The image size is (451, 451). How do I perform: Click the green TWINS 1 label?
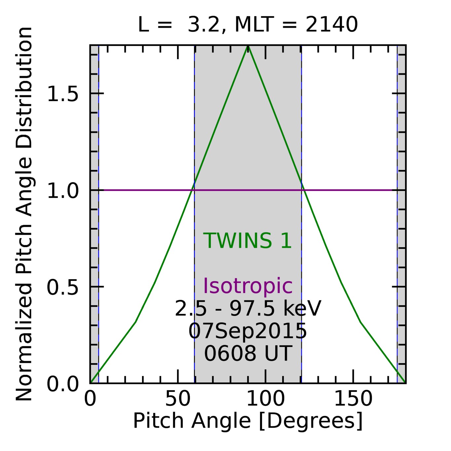[247, 241]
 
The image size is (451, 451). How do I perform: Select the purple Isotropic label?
[247, 286]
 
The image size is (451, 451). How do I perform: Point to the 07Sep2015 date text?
[247, 331]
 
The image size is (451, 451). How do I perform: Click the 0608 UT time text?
[248, 353]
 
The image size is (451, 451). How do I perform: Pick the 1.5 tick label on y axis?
[63, 94]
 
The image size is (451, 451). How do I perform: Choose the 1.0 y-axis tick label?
[63, 191]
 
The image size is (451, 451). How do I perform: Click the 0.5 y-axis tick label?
[63, 287]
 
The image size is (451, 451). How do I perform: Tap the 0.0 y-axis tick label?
[63, 384]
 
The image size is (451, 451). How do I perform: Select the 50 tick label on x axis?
[178, 399]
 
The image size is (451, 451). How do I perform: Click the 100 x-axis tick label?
[265, 399]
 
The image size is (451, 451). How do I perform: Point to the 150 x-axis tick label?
[353, 399]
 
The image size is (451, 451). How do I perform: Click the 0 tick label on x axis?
[90, 399]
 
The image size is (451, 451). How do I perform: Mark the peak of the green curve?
[248, 46]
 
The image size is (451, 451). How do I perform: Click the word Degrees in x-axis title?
[311, 421]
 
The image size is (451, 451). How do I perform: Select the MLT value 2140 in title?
[331, 25]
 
